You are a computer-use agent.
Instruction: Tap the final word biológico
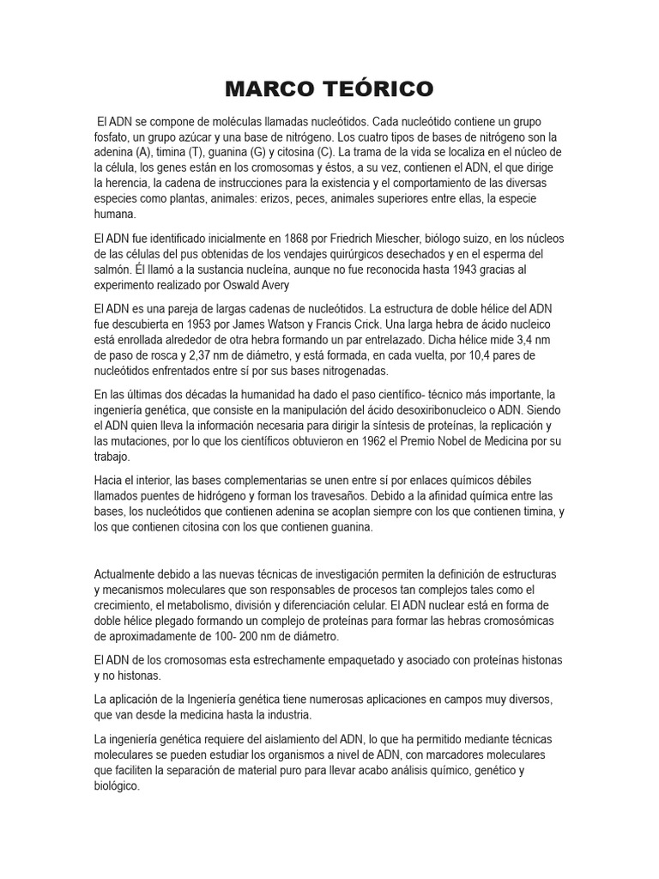117,785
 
